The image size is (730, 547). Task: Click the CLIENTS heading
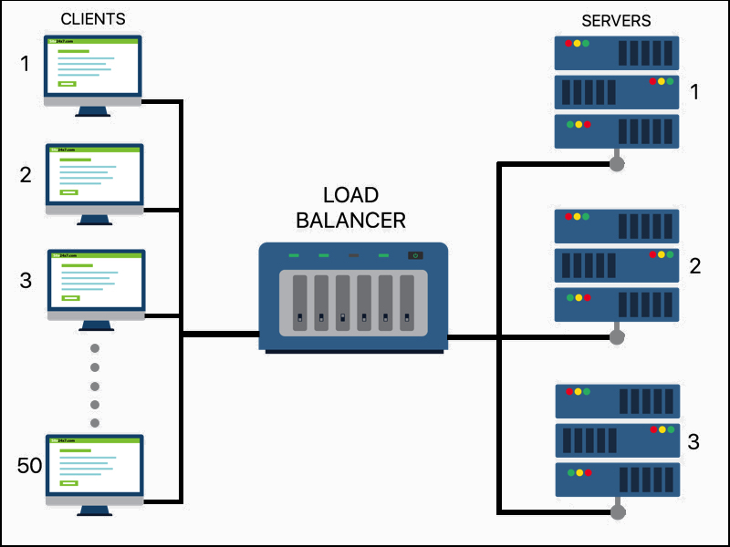[x=92, y=19]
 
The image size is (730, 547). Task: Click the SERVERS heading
[x=617, y=20]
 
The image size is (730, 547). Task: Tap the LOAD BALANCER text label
[x=351, y=208]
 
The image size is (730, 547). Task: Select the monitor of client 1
[x=94, y=67]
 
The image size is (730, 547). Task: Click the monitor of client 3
[x=95, y=281]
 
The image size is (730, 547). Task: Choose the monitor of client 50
[x=95, y=466]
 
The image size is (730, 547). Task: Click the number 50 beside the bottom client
[x=30, y=466]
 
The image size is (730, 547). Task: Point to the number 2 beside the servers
[x=694, y=266]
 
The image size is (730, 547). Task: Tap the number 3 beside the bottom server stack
[x=693, y=442]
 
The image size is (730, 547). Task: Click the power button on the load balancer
[x=415, y=255]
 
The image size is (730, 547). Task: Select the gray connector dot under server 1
[x=617, y=164]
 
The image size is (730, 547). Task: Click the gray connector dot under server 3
[x=618, y=512]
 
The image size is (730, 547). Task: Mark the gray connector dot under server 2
[x=617, y=337]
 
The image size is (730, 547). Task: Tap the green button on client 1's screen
[x=67, y=84]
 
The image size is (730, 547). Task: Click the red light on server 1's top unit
[x=568, y=43]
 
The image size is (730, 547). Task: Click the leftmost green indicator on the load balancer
[x=294, y=255]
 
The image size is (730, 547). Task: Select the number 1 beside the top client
[x=26, y=64]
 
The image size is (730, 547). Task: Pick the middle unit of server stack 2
[x=617, y=265]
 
